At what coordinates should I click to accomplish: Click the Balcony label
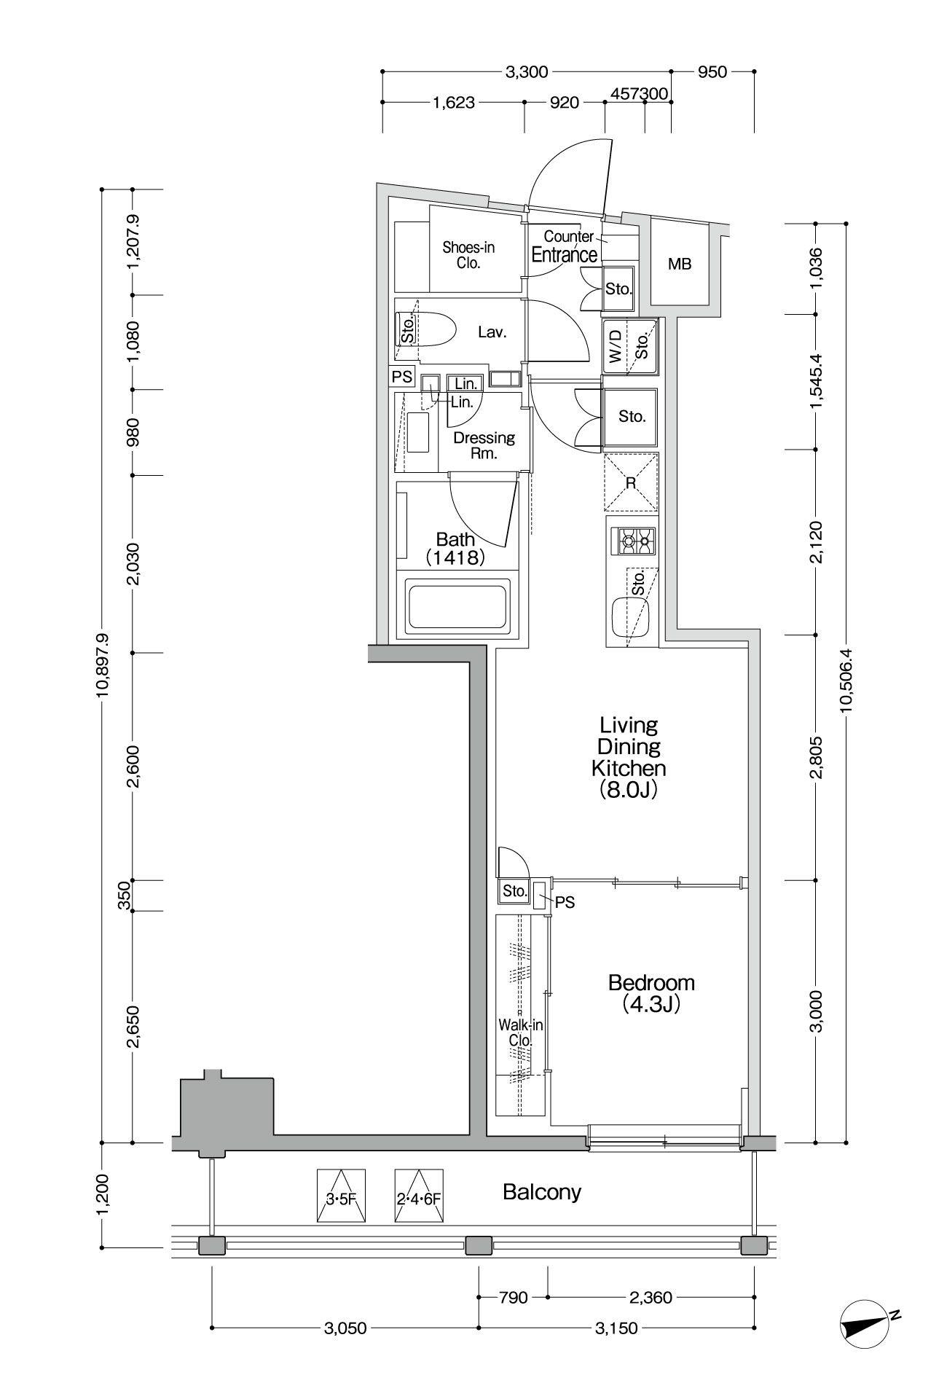[541, 1192]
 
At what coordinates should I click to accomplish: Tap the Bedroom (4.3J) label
[651, 993]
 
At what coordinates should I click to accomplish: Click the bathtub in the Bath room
[458, 605]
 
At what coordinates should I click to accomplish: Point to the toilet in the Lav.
[427, 332]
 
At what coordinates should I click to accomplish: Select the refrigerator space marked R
[631, 482]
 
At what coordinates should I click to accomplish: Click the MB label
[680, 265]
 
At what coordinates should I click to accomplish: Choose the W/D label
[615, 346]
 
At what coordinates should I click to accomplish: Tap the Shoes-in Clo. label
[468, 256]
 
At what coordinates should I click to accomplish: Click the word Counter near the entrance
[568, 236]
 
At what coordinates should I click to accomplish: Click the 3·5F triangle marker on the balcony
[341, 1196]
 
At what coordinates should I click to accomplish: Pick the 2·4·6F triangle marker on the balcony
[419, 1196]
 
